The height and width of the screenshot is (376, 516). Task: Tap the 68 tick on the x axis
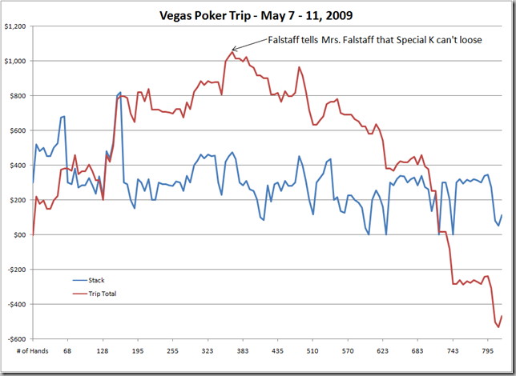coord(67,350)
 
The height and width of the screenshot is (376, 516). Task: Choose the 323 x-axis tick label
coord(207,350)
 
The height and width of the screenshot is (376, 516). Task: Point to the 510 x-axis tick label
coord(312,350)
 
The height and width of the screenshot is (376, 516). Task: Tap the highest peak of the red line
coord(232,52)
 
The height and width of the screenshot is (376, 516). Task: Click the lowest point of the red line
coord(498,326)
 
